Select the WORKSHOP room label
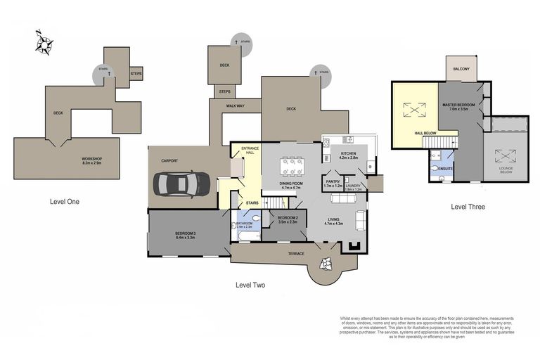92,160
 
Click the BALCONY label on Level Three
461,69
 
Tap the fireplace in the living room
352,247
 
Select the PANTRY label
333,181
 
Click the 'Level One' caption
65,202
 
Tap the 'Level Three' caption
468,207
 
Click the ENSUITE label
444,169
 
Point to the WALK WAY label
235,105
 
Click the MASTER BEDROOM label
458,105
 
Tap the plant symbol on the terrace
326,264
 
